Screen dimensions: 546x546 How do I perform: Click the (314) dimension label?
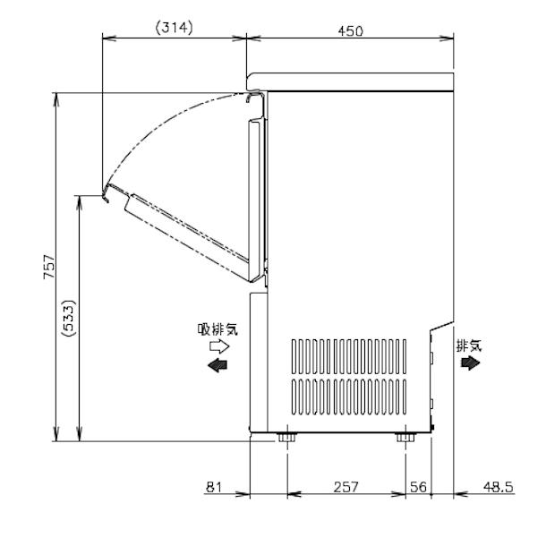tap(174, 28)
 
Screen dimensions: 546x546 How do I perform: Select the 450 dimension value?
tap(350, 31)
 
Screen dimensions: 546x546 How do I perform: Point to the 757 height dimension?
tap(49, 267)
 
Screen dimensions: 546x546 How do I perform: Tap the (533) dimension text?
tap(69, 318)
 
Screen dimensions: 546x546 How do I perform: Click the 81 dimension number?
tap(214, 487)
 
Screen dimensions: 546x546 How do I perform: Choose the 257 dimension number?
tap(346, 487)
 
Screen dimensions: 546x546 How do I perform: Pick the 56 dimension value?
tap(418, 487)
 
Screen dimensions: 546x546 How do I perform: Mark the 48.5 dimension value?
tap(498, 487)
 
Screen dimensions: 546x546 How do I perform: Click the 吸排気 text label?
tap(218, 329)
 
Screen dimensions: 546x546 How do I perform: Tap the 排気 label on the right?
tap(469, 346)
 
